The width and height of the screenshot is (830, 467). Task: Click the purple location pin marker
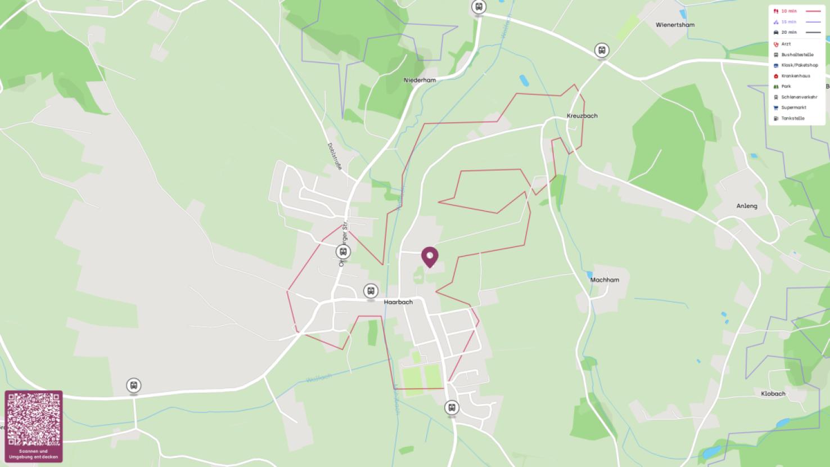430,257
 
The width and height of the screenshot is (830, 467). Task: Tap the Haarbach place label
398,302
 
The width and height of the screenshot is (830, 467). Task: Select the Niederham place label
419,80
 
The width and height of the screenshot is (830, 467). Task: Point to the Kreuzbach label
582,115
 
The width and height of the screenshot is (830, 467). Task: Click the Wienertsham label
675,25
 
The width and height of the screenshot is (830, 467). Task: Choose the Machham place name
605,280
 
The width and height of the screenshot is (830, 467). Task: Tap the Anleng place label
747,206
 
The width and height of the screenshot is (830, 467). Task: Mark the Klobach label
773,393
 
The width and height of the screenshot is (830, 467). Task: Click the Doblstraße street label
335,156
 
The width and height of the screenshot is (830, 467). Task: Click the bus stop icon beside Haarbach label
370,291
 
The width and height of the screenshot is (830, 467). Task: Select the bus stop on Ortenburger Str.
343,252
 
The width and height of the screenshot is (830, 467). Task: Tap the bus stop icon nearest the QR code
133,385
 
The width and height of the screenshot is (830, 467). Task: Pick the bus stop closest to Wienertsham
602,50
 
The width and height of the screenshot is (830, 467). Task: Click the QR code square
34,420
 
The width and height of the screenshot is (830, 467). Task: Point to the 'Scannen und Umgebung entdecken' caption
34,454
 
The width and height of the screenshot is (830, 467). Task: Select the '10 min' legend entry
789,11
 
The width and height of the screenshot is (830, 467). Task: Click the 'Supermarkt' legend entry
793,107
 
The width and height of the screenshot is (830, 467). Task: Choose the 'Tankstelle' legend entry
792,118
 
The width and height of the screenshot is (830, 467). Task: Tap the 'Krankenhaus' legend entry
795,76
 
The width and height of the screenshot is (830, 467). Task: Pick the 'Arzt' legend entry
786,44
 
